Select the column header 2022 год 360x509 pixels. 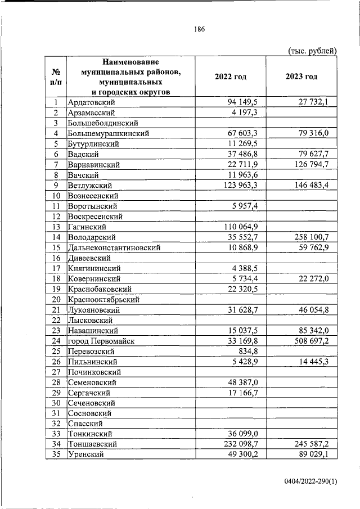[231, 76]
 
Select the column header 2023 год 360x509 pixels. [301, 76]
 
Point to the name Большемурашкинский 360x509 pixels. [108, 133]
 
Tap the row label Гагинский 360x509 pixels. [89, 227]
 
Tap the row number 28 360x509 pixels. [56, 382]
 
